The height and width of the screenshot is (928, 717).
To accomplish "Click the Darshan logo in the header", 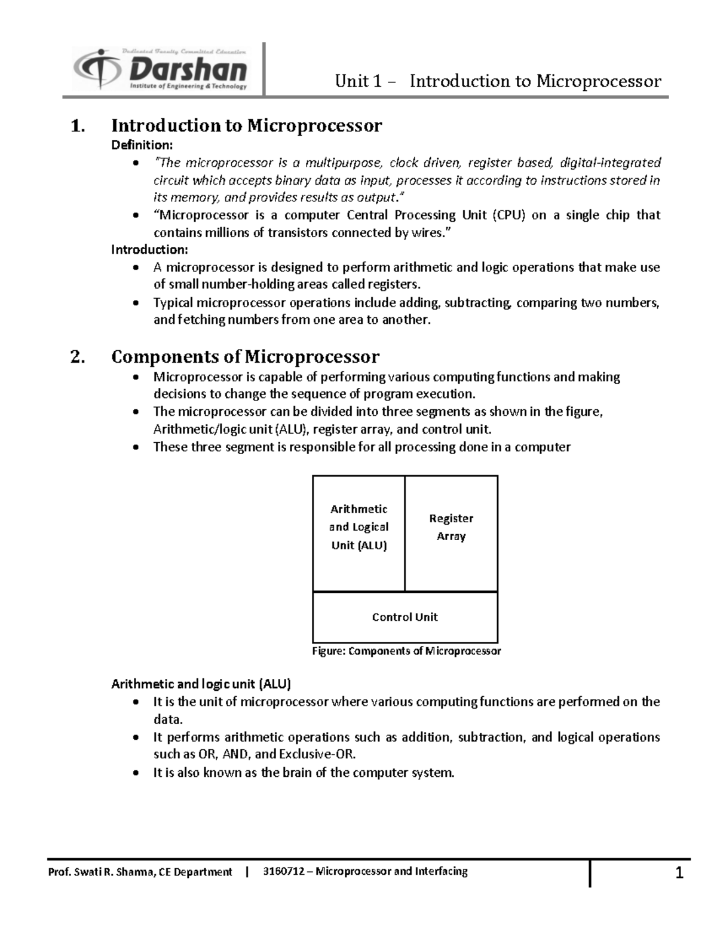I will tap(160, 69).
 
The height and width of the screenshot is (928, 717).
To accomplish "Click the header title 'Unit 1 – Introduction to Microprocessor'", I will tap(498, 81).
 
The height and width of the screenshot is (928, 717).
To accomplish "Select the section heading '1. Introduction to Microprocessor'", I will tap(226, 125).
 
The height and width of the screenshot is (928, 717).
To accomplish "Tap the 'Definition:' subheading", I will tap(142, 145).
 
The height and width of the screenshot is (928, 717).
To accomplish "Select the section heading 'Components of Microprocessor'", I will tap(245, 357).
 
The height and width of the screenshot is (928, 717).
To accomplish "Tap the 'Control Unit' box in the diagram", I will tap(405, 617).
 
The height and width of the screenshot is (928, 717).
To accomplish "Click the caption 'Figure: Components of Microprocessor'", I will tap(406, 651).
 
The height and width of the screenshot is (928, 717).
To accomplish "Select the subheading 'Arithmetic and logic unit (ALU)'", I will tap(201, 684).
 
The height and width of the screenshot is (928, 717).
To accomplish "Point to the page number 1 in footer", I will tap(679, 874).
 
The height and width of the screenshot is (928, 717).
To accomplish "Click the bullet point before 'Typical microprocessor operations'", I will tap(137, 304).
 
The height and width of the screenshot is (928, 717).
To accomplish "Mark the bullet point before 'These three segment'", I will tap(137, 448).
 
